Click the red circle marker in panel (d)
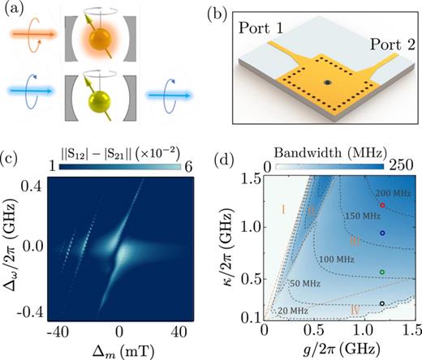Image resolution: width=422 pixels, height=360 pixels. tap(382, 206)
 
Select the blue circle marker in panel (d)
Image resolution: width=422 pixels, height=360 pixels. tap(382, 233)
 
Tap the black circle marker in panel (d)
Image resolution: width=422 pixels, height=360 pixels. tap(382, 303)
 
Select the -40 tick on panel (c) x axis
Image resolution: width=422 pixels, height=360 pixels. tap(57, 335)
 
